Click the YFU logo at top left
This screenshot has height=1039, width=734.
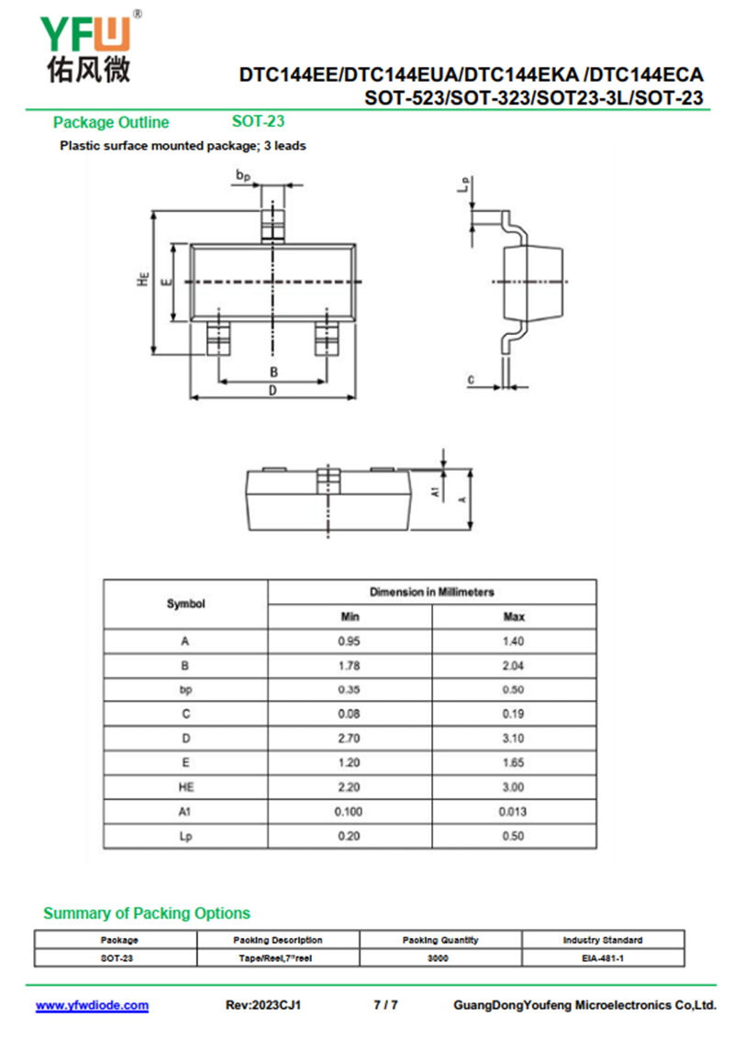click(x=89, y=47)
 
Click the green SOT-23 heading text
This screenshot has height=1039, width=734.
click(x=258, y=121)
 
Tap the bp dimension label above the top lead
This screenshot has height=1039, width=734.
click(x=243, y=175)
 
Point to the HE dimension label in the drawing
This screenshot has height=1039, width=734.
click(x=143, y=280)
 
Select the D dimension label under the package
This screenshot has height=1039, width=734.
click(x=272, y=391)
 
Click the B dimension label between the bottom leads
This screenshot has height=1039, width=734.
click(x=273, y=373)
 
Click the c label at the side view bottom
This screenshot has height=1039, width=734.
click(x=471, y=380)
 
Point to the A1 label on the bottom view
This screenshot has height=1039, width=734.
click(x=435, y=492)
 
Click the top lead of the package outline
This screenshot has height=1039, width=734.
click(x=272, y=225)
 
